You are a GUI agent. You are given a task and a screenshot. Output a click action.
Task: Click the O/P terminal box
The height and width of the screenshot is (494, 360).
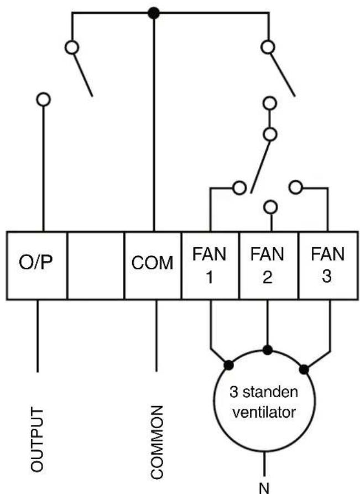pyautogui.click(x=37, y=266)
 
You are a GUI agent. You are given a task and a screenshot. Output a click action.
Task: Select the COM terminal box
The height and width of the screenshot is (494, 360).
pyautogui.click(x=153, y=266)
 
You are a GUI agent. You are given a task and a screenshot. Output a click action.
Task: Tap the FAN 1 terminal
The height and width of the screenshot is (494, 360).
pyautogui.click(x=210, y=266)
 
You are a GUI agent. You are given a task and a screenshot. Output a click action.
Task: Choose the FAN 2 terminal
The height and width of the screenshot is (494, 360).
pyautogui.click(x=269, y=266)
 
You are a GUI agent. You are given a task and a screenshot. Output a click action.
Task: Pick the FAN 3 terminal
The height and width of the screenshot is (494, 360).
pyautogui.click(x=328, y=266)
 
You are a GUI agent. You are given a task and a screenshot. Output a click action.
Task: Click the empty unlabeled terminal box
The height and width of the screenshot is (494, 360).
pyautogui.click(x=96, y=266)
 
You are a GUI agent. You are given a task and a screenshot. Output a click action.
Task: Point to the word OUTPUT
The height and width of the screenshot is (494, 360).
pyautogui.click(x=36, y=439)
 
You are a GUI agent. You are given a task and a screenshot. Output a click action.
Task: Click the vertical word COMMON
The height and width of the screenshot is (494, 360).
pyautogui.click(x=156, y=441)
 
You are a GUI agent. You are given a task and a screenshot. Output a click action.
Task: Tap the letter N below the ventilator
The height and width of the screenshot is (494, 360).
pyautogui.click(x=264, y=488)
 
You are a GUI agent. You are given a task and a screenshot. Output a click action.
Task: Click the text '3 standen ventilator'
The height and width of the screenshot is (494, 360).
pyautogui.click(x=264, y=402)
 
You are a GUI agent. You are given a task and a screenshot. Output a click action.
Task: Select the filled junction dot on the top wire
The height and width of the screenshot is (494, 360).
pyautogui.click(x=154, y=13)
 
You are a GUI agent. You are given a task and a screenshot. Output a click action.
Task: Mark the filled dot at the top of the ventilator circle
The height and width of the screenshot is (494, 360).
pyautogui.click(x=268, y=350)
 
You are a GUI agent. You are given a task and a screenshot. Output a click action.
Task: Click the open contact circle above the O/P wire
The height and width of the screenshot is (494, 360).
pyautogui.click(x=44, y=100)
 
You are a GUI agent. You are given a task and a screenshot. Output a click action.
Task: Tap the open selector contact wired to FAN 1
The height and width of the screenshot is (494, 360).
pyautogui.click(x=239, y=188)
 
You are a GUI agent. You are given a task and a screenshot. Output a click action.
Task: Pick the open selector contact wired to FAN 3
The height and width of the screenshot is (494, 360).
pyautogui.click(x=295, y=188)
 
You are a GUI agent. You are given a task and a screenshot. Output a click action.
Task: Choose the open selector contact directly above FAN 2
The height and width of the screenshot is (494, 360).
pyautogui.click(x=270, y=207)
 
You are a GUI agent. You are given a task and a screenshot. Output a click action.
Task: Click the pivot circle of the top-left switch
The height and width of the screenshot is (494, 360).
pyautogui.click(x=72, y=48)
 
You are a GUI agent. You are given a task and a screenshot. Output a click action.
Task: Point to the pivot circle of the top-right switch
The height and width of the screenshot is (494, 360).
pyautogui.click(x=268, y=48)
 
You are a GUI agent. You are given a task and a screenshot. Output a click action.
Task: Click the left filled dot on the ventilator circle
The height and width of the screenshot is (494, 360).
pyautogui.click(x=228, y=365)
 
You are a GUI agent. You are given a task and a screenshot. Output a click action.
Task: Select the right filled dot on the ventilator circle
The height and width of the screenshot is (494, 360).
pyautogui.click(x=304, y=369)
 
